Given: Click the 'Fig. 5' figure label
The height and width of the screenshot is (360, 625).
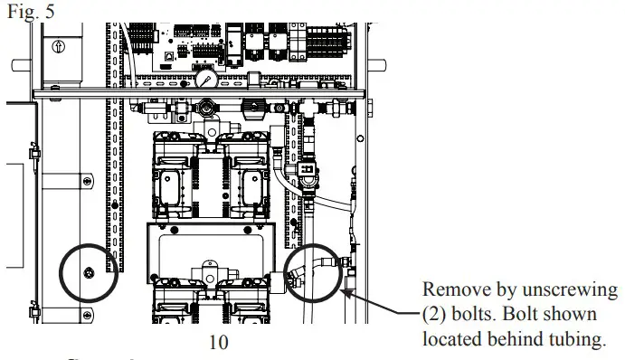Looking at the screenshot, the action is click(x=24, y=14).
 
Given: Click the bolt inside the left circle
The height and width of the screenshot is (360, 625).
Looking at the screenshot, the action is click(x=88, y=273).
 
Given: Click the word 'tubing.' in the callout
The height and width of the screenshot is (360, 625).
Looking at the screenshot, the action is click(x=575, y=338).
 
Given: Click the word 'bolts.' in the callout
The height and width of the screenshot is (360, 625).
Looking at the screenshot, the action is click(x=480, y=315).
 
